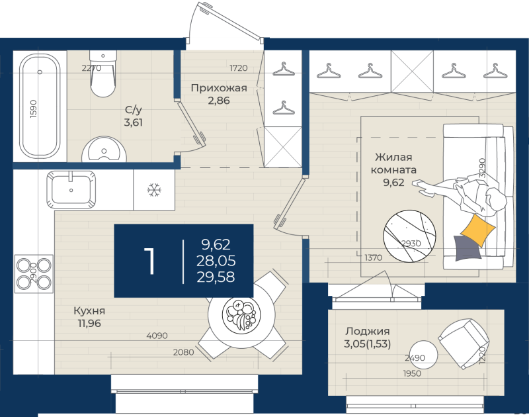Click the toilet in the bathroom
click(x=103, y=73)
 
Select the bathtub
click(x=40, y=106)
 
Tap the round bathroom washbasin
click(x=104, y=150)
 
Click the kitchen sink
click(x=71, y=189)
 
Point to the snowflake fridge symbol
click(x=154, y=190)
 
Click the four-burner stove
click(x=34, y=274)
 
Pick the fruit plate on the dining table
click(x=239, y=314)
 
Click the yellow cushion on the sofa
click(x=477, y=230)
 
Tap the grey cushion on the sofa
click(x=468, y=248)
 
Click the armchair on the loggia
click(x=464, y=343)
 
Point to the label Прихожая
click(x=219, y=88)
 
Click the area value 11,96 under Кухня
click(x=89, y=323)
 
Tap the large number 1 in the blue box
click(x=149, y=261)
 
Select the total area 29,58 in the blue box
click(x=216, y=277)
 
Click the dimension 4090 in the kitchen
click(x=157, y=336)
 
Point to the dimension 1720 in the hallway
click(x=239, y=68)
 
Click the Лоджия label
click(x=368, y=331)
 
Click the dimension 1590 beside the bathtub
click(x=33, y=109)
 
